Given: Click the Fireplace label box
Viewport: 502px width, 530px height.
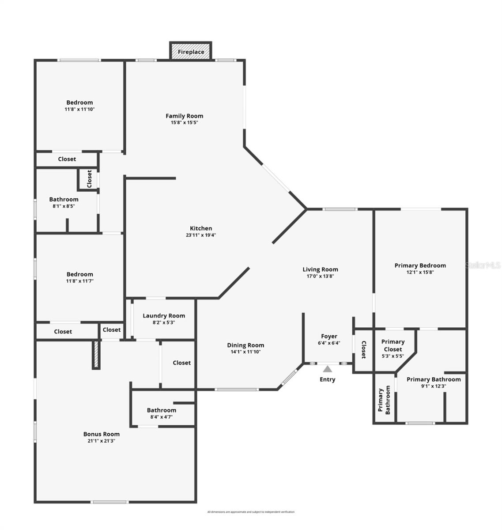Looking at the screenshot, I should pos(191,51).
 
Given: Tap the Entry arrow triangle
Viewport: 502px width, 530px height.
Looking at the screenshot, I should pos(327,369).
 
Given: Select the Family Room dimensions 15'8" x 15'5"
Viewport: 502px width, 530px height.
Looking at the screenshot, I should pos(184,123).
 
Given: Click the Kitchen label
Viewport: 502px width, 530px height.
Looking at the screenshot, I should pos(201,228).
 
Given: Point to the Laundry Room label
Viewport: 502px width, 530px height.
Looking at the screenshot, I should pos(164,316).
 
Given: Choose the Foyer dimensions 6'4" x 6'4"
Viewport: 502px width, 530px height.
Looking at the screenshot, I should pos(329,343).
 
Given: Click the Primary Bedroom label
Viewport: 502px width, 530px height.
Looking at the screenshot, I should pos(420,265).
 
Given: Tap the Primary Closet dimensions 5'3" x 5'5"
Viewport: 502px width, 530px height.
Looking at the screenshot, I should pos(393,356).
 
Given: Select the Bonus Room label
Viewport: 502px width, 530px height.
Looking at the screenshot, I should pos(102,434).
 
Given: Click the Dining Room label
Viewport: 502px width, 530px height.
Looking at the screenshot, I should pos(245,345).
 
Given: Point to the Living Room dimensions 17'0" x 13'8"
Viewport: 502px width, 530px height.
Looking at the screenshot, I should pos(320,276).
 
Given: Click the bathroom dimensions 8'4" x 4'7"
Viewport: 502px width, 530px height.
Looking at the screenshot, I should pos(161,417).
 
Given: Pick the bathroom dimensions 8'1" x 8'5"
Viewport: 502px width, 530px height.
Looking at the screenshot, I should pos(64,206).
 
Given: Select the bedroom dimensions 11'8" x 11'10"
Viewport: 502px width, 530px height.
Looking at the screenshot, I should pos(79,109).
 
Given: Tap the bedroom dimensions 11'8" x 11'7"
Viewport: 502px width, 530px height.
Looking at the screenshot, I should pos(79,281).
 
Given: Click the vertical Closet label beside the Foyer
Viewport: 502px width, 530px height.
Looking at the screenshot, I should pos(363,350).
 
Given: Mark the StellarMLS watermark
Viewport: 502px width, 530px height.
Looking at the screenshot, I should pos(483,265).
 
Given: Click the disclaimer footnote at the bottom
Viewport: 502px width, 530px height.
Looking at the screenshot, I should pos(251,512).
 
